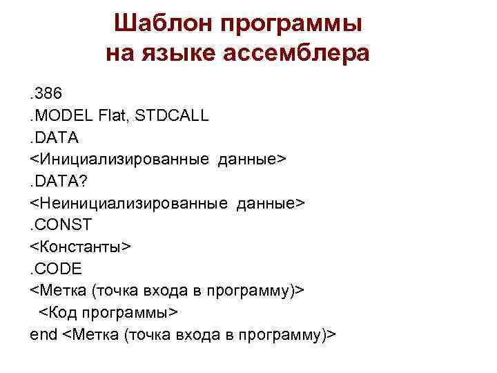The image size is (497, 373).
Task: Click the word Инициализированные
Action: [121, 160]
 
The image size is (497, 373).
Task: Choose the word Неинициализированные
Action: [130, 203]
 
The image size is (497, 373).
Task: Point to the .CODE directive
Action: [57, 269]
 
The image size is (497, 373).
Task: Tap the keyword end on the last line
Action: [43, 334]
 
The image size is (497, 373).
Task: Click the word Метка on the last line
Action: [94, 334]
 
